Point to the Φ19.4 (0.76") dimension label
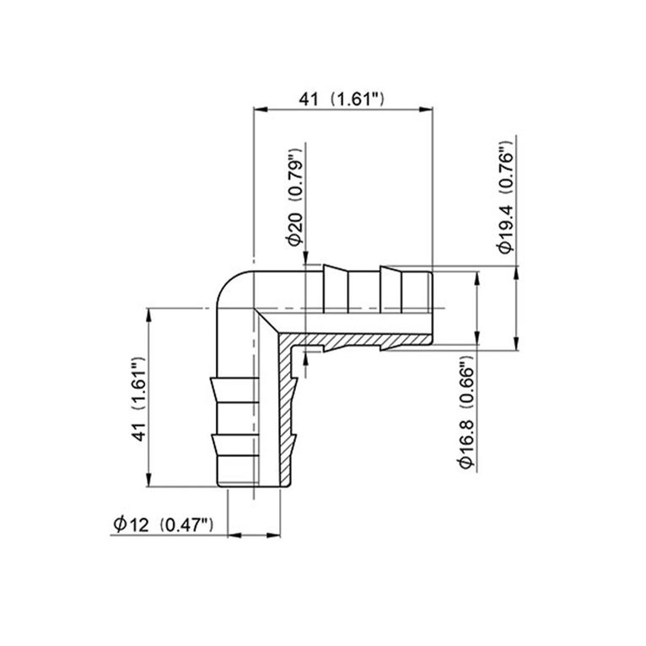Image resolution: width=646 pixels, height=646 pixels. pos(505,193)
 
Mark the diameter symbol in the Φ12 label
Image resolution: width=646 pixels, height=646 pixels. pos(120,525)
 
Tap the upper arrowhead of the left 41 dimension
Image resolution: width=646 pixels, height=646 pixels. pos(149,314)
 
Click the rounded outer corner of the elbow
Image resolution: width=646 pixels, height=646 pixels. pos(222,287)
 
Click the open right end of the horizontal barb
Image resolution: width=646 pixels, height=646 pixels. pos(432,308)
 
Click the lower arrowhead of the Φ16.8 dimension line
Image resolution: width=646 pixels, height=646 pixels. pos(477,341)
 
